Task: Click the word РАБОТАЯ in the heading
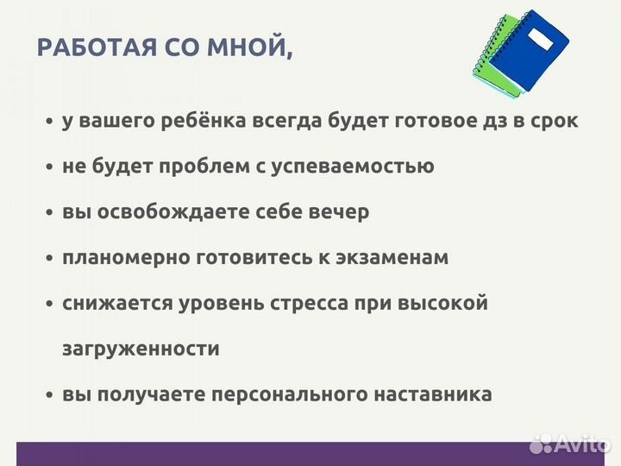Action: tap(89, 48)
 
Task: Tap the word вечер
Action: tap(339, 211)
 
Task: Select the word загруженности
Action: tap(141, 349)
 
